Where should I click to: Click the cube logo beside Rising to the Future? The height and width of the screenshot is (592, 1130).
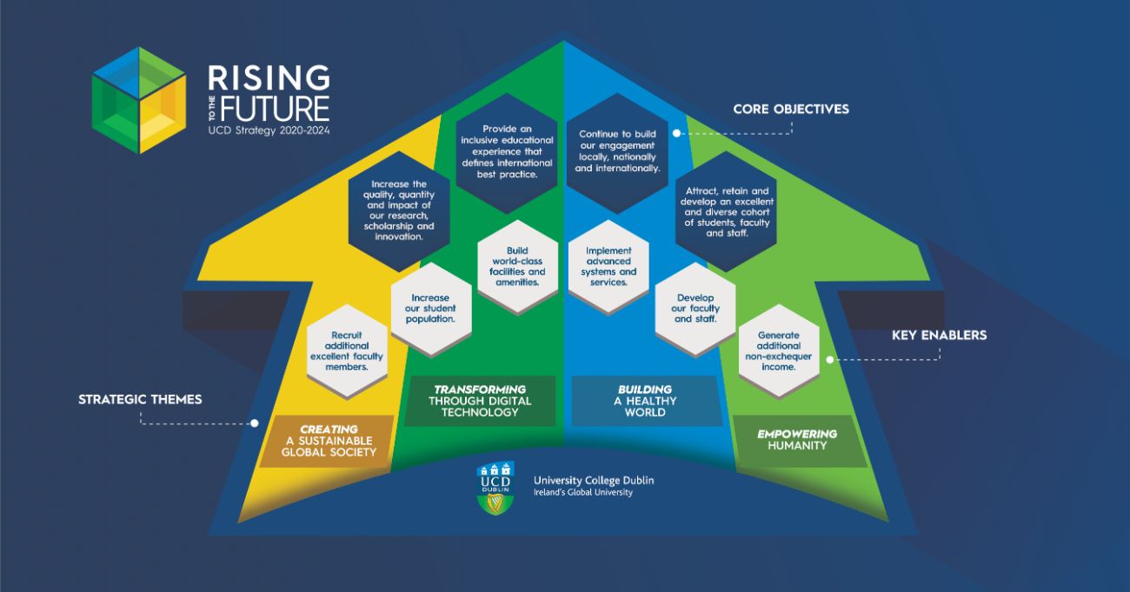[x=138, y=100]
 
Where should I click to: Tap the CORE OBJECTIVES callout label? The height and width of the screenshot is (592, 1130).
[x=790, y=110]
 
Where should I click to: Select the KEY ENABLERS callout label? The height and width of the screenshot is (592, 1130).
[x=939, y=335]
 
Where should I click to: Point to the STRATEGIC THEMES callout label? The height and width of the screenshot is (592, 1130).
[x=140, y=400]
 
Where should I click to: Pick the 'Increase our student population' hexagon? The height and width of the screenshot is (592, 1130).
[x=430, y=308]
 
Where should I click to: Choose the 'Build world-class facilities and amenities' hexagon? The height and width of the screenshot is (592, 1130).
[x=517, y=266]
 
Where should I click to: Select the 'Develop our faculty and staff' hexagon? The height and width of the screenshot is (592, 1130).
[x=695, y=308]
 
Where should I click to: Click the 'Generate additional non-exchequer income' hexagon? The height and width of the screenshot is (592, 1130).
[x=778, y=350]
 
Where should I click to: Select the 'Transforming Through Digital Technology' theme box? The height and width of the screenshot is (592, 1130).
[x=480, y=401]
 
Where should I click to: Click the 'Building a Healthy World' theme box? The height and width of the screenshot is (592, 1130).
[x=645, y=401]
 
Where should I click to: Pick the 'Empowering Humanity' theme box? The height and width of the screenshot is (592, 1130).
[x=797, y=440]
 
